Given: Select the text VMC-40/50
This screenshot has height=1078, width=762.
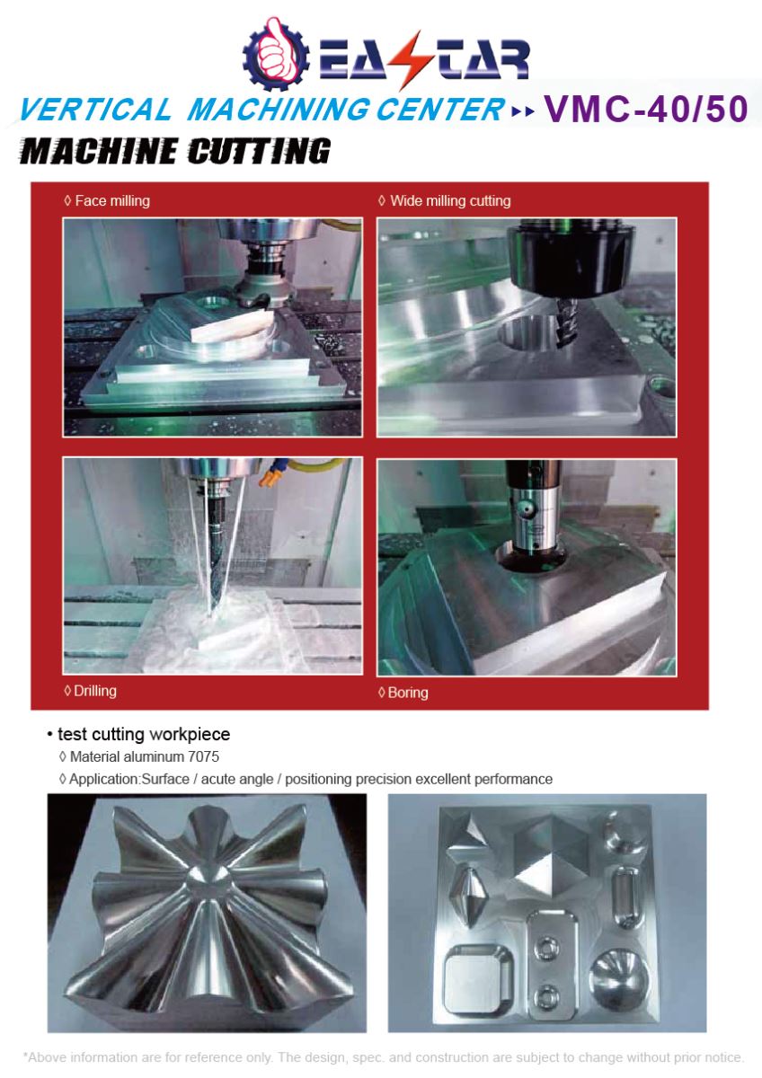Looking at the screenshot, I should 645,109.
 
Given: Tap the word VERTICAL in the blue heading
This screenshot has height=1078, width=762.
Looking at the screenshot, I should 93,110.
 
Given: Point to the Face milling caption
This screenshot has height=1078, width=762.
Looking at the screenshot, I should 111,201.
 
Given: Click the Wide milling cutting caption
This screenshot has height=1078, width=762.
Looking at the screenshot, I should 449,201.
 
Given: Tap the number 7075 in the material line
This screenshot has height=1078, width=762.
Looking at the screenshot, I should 203,756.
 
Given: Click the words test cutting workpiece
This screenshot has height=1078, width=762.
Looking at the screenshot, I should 144,734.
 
